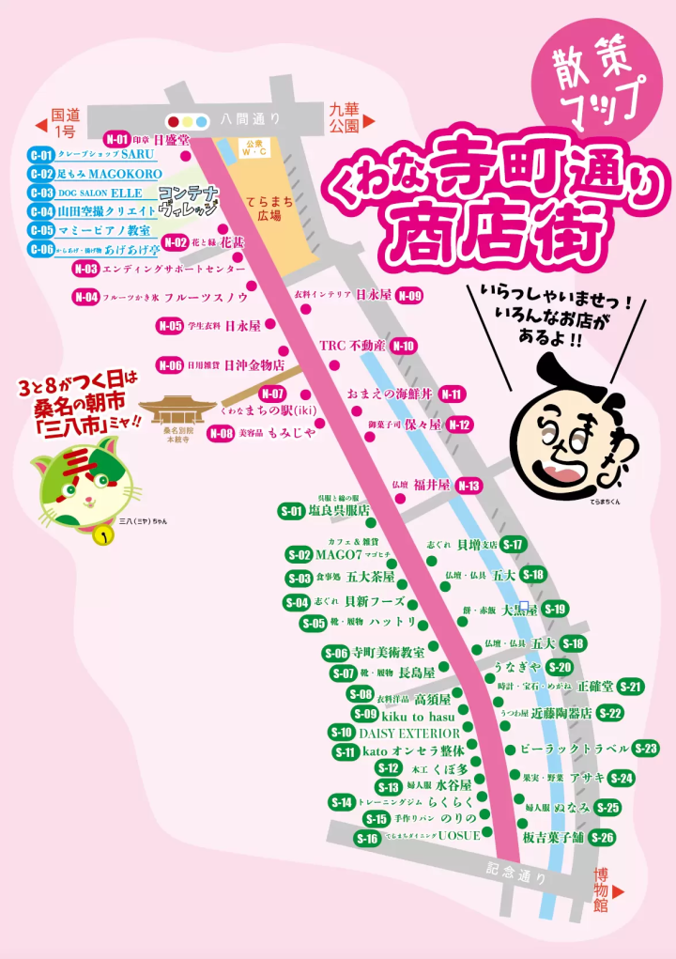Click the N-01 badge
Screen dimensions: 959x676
point(116,137)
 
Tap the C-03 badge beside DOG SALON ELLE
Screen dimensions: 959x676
point(41,193)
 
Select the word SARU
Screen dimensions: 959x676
point(137,154)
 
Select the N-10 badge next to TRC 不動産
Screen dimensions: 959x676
point(404,346)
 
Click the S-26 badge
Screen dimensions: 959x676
point(602,838)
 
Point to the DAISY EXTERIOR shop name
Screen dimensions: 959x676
point(409,733)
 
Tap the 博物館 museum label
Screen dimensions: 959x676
point(601,890)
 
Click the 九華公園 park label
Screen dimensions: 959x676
point(345,116)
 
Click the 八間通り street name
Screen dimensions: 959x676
point(251,118)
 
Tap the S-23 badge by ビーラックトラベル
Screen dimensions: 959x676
point(646,749)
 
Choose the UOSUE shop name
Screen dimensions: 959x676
point(458,836)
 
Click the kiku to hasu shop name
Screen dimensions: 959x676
point(418,716)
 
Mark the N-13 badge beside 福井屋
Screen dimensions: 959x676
point(469,486)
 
